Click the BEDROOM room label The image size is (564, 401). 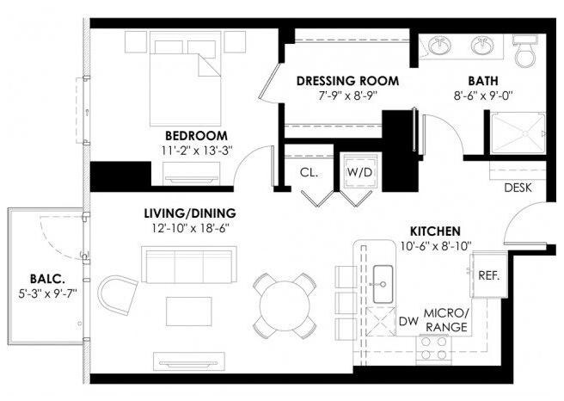click(196, 136)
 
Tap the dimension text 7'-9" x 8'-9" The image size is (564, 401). click(347, 96)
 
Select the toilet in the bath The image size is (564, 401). click(525, 51)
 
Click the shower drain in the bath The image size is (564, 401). click(524, 133)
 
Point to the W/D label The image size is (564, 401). click(359, 172)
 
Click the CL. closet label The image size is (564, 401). click(309, 173)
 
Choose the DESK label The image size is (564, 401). click(518, 188)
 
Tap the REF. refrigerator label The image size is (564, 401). click(489, 275)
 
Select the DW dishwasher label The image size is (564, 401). click(409, 321)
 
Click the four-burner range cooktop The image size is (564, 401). click(434, 349)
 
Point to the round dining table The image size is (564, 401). click(285, 305)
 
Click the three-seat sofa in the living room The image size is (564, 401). click(189, 265)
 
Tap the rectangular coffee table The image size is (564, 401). click(189, 312)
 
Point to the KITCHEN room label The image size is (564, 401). click(435, 231)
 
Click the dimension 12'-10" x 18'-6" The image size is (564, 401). click(190, 228)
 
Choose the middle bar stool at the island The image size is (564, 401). click(346, 303)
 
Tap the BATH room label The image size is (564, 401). click(483, 81)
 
